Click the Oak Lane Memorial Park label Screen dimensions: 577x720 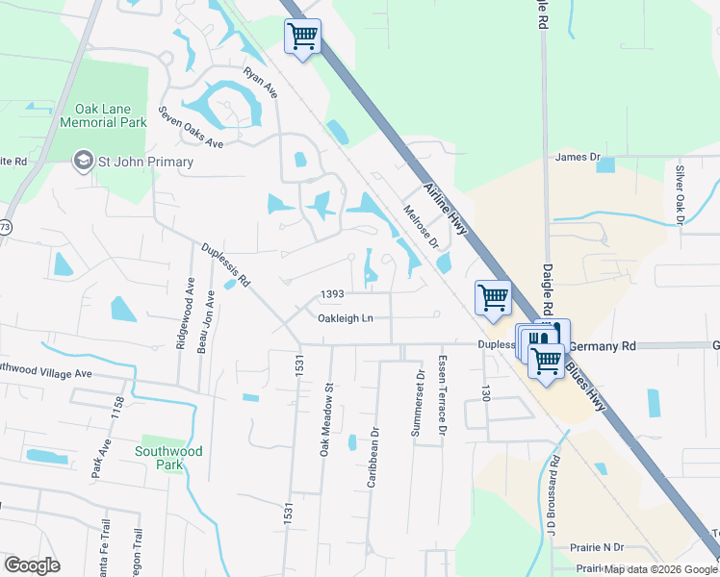[103, 115]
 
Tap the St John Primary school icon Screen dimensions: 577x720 [84, 161]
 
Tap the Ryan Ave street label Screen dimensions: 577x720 [260, 83]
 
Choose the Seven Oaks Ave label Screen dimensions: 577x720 [191, 127]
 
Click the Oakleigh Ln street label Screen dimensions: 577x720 [346, 317]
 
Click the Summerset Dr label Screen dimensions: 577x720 [418, 403]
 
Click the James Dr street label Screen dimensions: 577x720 [578, 156]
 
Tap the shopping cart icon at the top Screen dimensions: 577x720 [302, 38]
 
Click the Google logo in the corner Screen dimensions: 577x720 [32, 565]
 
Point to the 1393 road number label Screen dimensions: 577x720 [332, 293]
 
